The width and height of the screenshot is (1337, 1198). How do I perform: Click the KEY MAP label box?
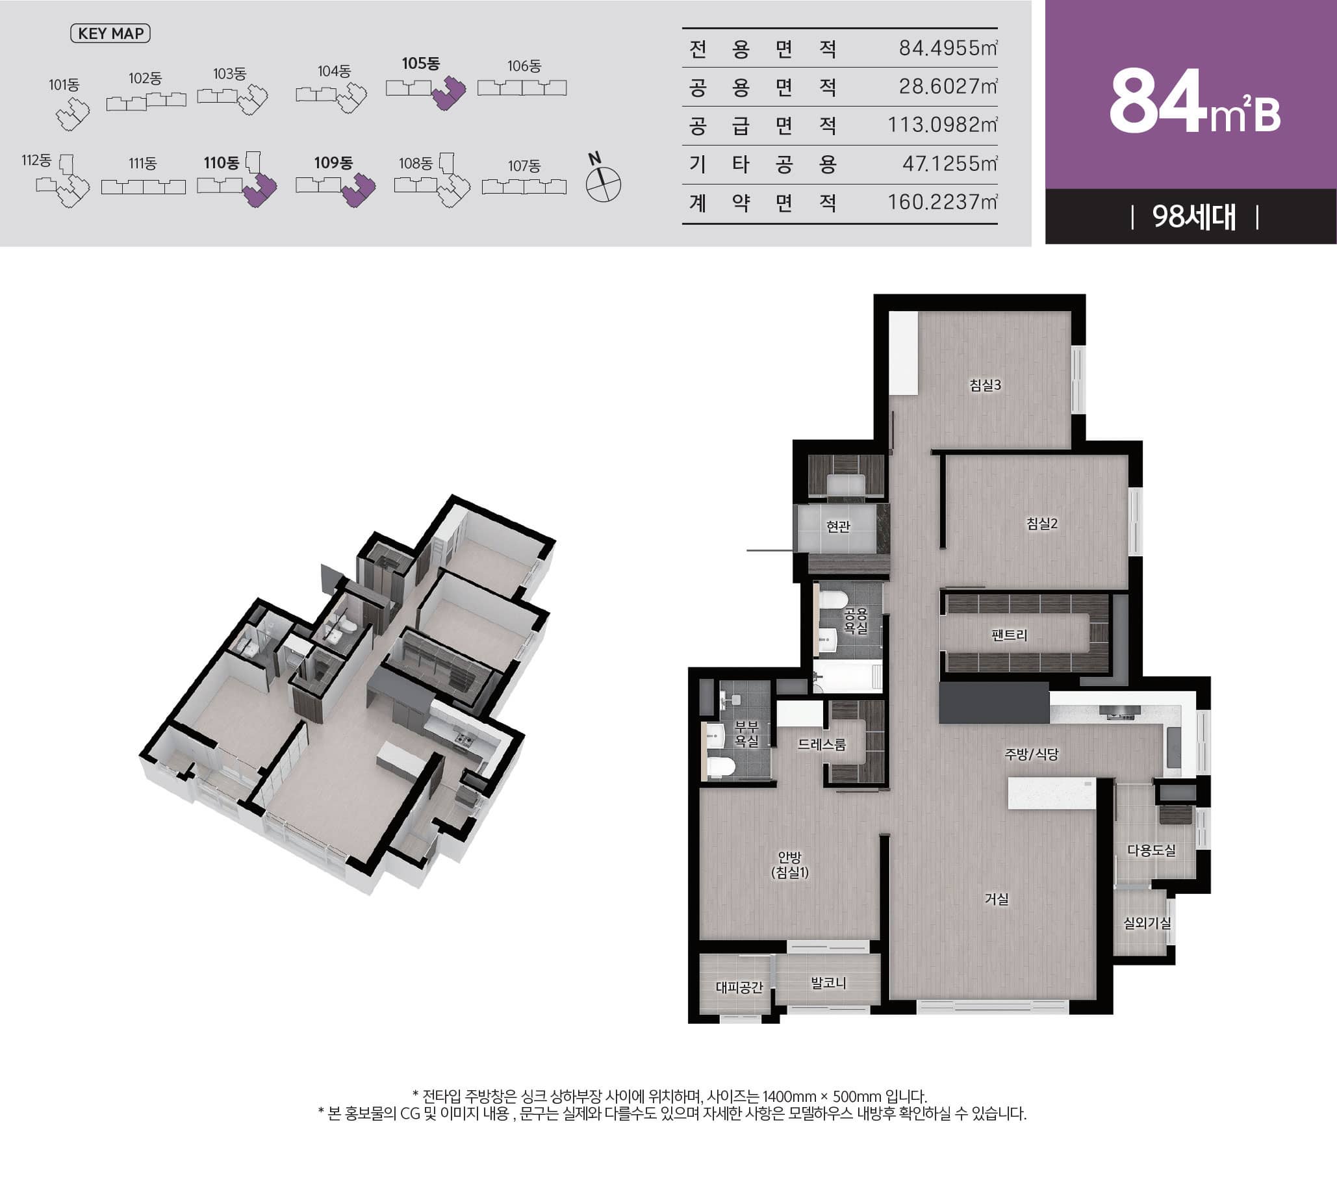point(110,34)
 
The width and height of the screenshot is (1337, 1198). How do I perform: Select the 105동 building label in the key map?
point(420,64)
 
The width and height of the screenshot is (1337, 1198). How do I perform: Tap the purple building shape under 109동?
point(358,190)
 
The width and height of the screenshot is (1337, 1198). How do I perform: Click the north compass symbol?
point(603,185)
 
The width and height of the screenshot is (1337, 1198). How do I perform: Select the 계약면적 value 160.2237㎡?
point(942,202)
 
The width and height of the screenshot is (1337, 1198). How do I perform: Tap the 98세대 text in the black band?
point(1194,216)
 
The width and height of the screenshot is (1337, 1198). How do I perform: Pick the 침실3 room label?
point(985,385)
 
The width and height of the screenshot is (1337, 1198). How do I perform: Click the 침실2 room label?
point(1041,524)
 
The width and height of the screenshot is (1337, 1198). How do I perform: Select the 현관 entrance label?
point(838,527)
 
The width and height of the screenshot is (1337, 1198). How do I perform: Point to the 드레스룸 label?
point(822,745)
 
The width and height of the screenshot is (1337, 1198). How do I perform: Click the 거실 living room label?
point(997,899)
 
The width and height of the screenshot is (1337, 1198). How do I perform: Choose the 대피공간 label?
point(739,988)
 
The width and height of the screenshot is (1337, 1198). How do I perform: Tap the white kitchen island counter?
point(1051,793)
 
